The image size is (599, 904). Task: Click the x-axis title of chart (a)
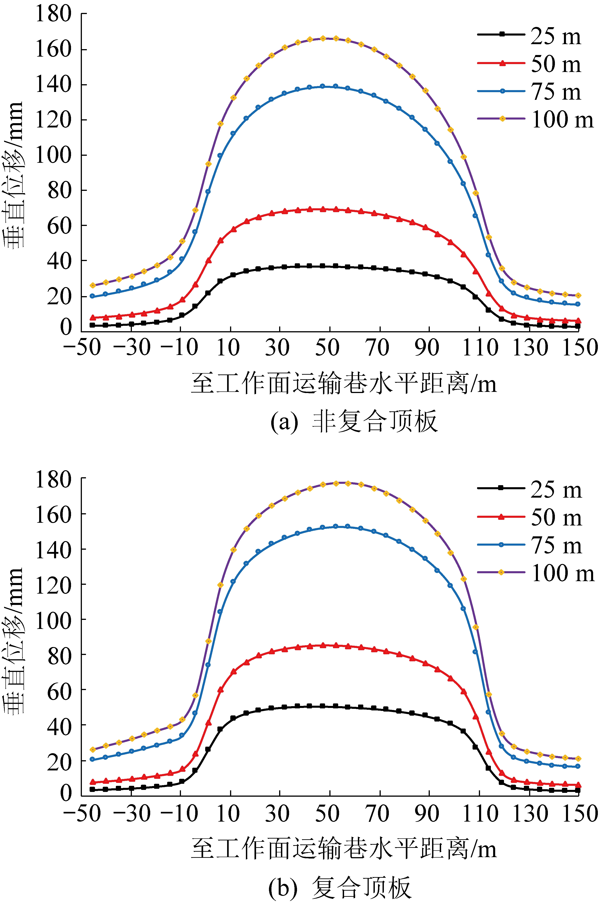[x=344, y=383]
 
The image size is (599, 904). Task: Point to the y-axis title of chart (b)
[x=14, y=640]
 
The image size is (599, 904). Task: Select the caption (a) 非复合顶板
[x=353, y=422]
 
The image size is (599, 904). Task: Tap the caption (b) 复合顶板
[x=340, y=887]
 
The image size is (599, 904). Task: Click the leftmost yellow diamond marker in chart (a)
[x=93, y=285]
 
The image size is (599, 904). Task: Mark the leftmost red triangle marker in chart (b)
[x=93, y=782]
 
